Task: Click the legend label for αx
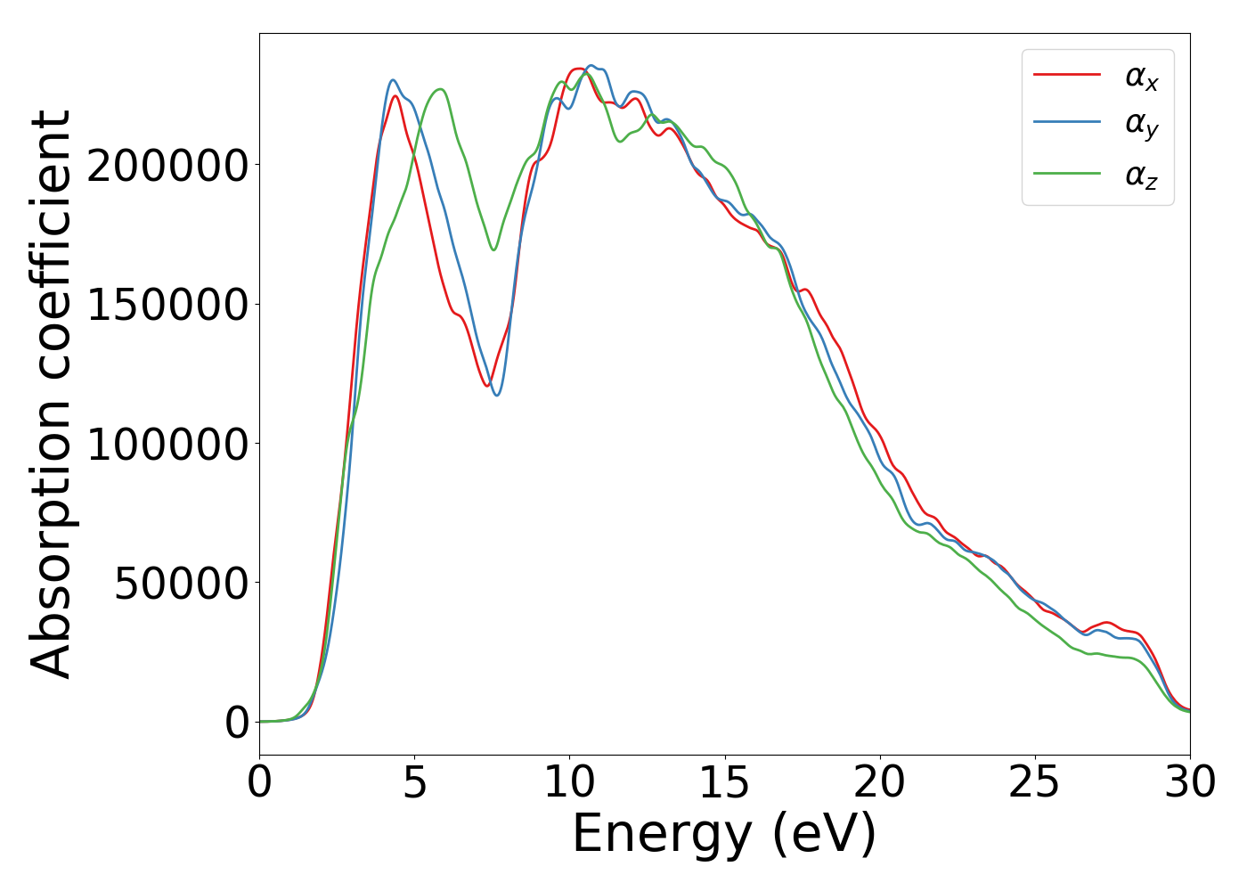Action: click(1141, 78)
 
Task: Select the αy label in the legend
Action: click(1141, 126)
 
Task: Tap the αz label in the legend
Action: click(1141, 176)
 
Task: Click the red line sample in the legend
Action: click(1066, 75)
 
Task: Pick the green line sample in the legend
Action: click(1066, 173)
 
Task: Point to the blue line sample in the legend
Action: click(1066, 124)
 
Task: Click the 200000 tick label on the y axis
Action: click(167, 166)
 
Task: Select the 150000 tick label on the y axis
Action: click(167, 305)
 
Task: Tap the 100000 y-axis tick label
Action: click(167, 444)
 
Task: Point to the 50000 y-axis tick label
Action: click(180, 584)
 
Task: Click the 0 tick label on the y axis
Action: click(237, 723)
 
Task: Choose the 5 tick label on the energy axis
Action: click(415, 782)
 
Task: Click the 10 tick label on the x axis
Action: click(570, 782)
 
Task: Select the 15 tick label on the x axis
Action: click(725, 782)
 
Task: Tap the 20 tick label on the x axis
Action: click(880, 782)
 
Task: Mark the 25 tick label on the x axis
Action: click(1035, 782)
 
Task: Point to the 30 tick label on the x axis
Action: click(1190, 782)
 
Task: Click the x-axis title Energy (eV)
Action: click(724, 835)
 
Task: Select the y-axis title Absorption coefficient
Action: click(52, 394)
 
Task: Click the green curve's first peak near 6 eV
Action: click(439, 89)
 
